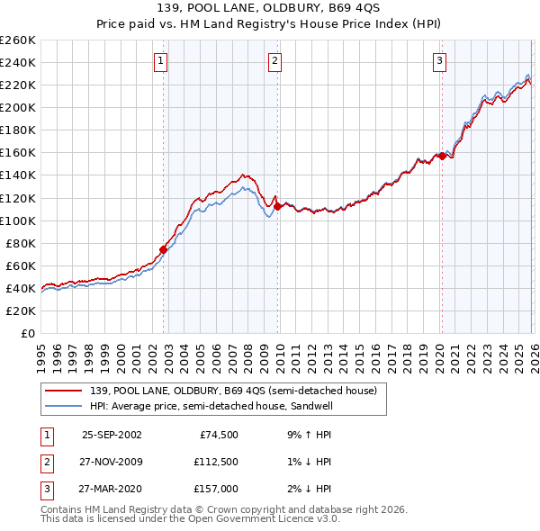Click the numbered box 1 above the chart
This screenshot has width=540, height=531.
click(x=160, y=61)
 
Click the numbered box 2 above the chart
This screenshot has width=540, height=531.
click(x=274, y=61)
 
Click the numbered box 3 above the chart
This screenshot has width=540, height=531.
click(x=439, y=61)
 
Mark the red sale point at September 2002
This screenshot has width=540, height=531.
click(x=164, y=249)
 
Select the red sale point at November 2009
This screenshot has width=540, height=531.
click(x=277, y=206)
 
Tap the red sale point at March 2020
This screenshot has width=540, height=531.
click(x=442, y=156)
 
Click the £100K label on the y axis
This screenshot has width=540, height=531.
click(x=17, y=220)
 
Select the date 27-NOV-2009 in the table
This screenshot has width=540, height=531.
click(x=112, y=462)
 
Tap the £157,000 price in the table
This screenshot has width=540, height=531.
click(x=216, y=489)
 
